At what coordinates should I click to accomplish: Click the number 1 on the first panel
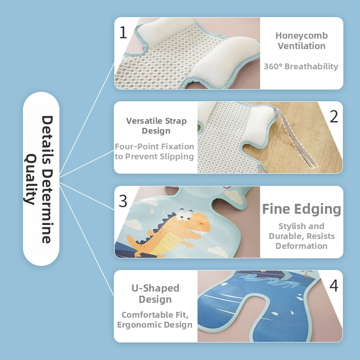point(123,32)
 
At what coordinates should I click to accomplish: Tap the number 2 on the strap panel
point(334,117)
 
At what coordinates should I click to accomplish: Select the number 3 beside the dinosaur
point(123,201)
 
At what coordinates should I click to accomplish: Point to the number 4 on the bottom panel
point(334,286)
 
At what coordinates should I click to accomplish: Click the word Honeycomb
point(301,36)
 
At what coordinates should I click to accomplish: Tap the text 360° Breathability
point(301,66)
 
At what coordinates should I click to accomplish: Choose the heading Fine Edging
point(301,209)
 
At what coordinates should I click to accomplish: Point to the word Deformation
point(301,246)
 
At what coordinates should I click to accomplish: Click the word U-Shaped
point(155,288)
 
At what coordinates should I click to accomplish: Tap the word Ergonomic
point(139,325)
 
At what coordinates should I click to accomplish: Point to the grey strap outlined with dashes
point(297,138)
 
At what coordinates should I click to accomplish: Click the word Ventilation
point(301,46)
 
